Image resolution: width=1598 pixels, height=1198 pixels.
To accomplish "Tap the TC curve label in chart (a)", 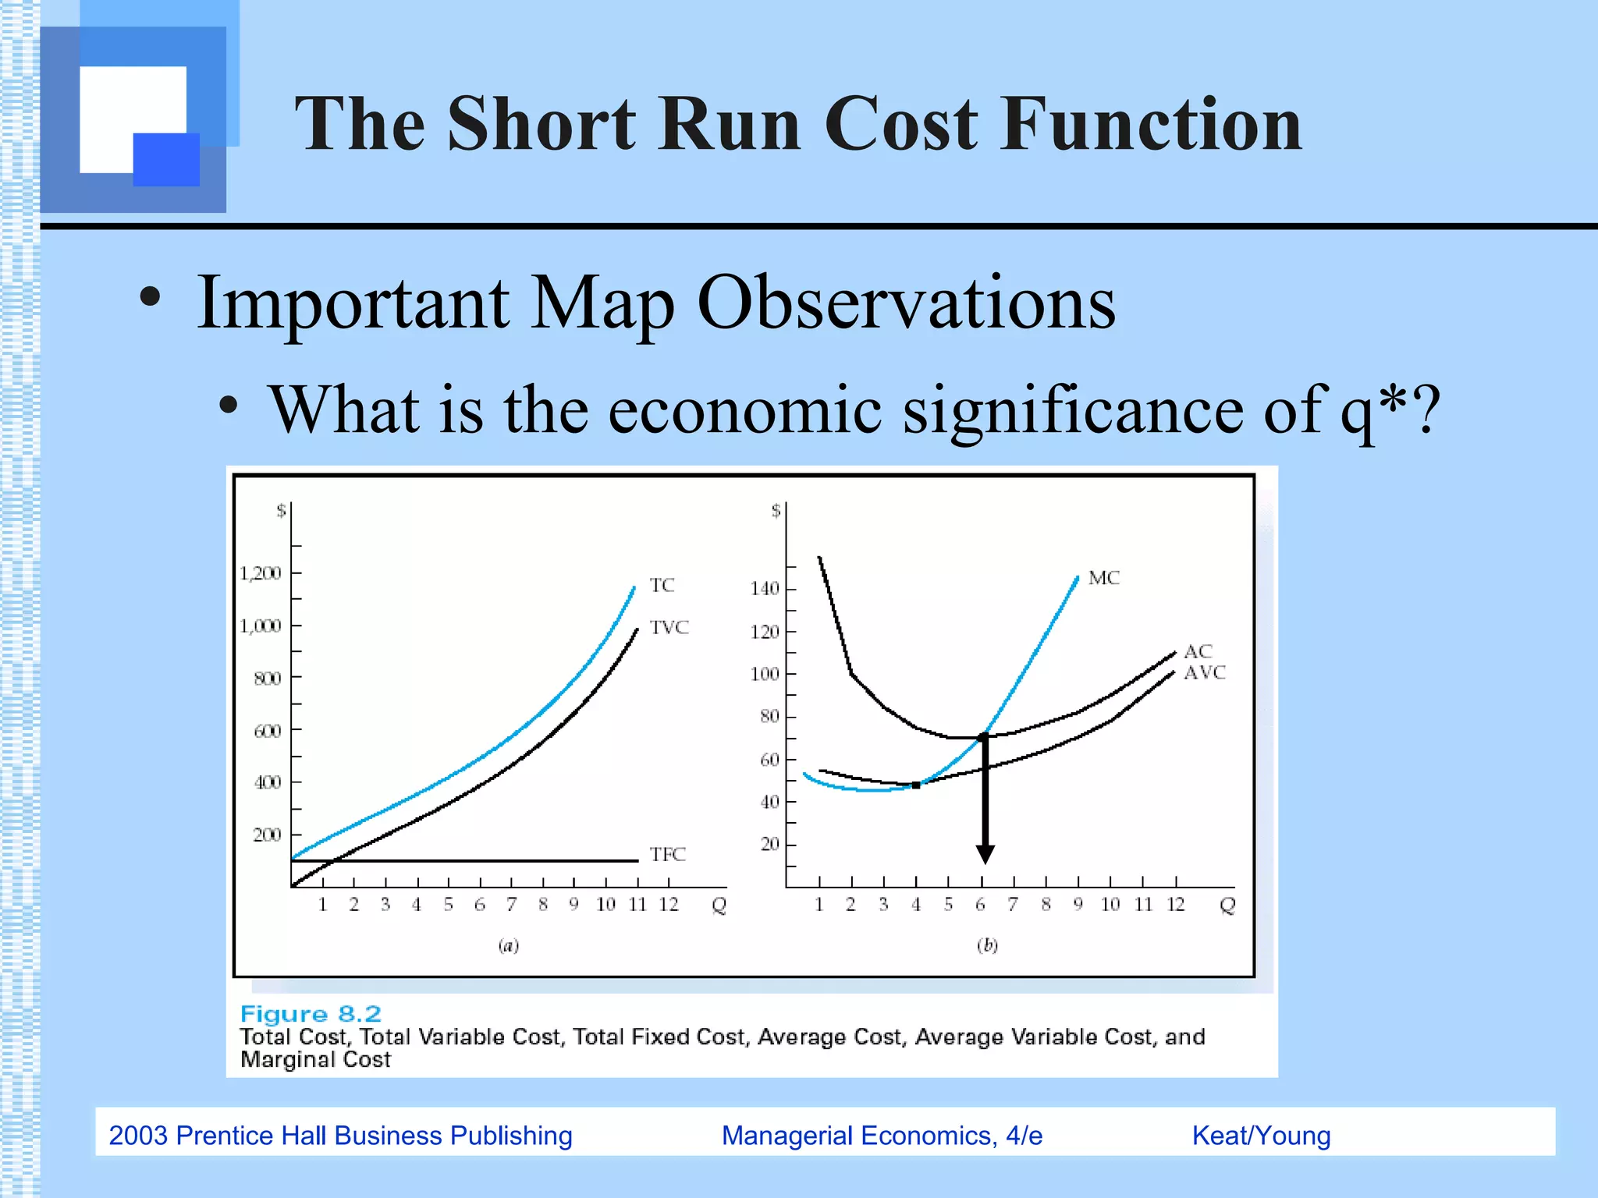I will click(662, 585).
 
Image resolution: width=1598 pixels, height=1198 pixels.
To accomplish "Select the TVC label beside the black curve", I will click(669, 627).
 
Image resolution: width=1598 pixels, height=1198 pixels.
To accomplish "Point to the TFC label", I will click(667, 854).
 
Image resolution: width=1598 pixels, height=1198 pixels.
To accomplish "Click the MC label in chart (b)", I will click(1103, 578).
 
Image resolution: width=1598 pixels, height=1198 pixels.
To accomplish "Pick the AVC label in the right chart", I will click(1204, 672).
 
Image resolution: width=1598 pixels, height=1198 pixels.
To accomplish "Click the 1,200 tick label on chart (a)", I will click(260, 573).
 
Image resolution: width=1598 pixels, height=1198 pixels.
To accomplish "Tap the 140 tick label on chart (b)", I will click(765, 588).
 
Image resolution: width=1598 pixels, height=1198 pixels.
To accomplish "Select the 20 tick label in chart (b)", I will click(769, 844).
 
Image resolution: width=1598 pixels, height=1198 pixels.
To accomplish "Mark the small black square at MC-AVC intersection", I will click(916, 785).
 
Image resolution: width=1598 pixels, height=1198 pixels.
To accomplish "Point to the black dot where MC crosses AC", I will click(983, 736).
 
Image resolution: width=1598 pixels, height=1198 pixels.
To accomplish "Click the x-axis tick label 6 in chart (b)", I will click(980, 904).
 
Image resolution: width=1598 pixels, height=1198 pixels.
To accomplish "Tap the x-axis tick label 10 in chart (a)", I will click(605, 904).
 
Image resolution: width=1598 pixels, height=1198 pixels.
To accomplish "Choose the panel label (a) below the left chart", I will click(509, 945).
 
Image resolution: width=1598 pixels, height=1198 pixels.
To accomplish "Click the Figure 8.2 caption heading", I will click(311, 1013).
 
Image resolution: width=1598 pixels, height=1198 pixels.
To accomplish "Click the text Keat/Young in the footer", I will click(1261, 1136).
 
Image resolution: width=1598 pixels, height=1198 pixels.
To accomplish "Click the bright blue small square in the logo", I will click(166, 159).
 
